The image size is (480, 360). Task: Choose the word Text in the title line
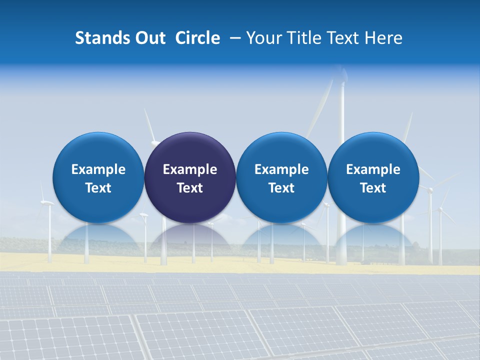pos(344,38)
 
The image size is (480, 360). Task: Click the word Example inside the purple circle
pos(190,169)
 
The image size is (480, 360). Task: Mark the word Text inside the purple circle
pos(190,188)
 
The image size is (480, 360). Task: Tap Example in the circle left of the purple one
pos(98,169)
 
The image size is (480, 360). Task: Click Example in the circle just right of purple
pos(281,169)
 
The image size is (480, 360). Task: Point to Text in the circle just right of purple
pos(281,188)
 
